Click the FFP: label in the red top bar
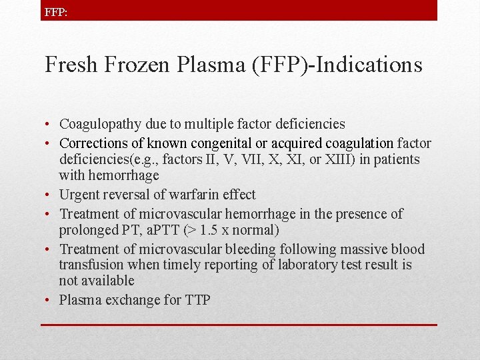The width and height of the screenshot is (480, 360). pyautogui.click(x=55, y=12)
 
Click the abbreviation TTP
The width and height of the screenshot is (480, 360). pyautogui.click(x=198, y=300)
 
